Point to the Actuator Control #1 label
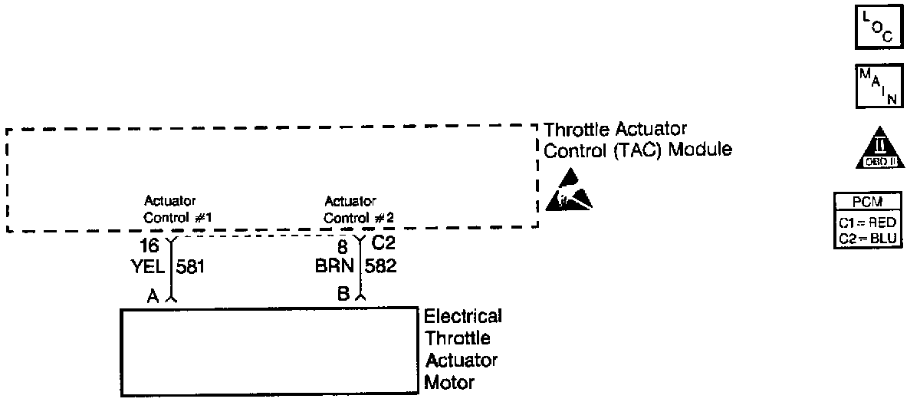[177, 209]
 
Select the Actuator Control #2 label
[358, 209]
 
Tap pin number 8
[343, 246]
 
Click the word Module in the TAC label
[700, 150]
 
